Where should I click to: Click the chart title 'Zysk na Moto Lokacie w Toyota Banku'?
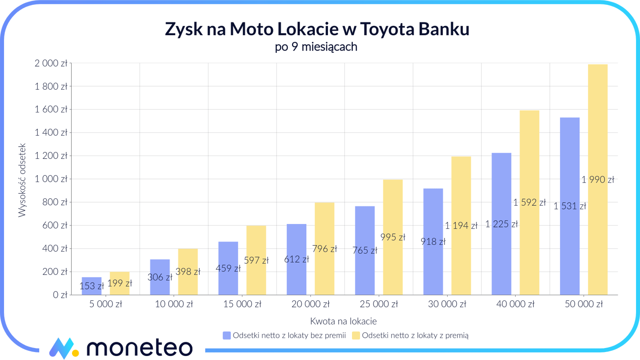(317, 29)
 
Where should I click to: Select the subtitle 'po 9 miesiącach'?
(316, 47)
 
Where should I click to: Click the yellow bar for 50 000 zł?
(597, 133)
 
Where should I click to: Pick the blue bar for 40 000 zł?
(501, 187)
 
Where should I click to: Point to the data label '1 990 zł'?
(597, 180)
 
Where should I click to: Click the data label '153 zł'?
(92, 286)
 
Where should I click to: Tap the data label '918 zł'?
(433, 242)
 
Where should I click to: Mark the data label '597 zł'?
(256, 260)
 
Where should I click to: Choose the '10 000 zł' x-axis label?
(174, 304)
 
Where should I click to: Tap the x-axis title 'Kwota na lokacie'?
(344, 321)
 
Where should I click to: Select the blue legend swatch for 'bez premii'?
(227, 336)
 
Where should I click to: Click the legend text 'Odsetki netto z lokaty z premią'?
(415, 336)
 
